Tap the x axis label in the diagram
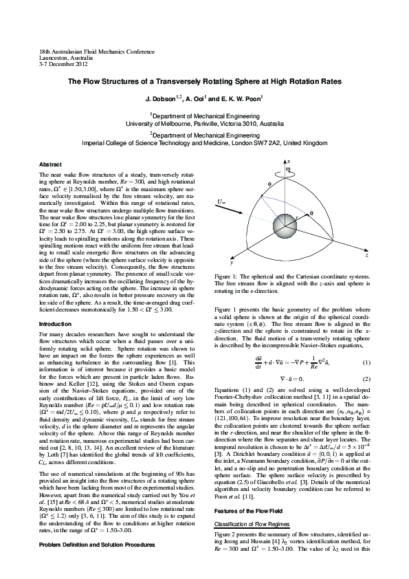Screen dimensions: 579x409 point(289,161)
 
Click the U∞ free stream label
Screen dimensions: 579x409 point(221,201)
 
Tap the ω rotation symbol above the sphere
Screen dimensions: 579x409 point(288,168)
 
